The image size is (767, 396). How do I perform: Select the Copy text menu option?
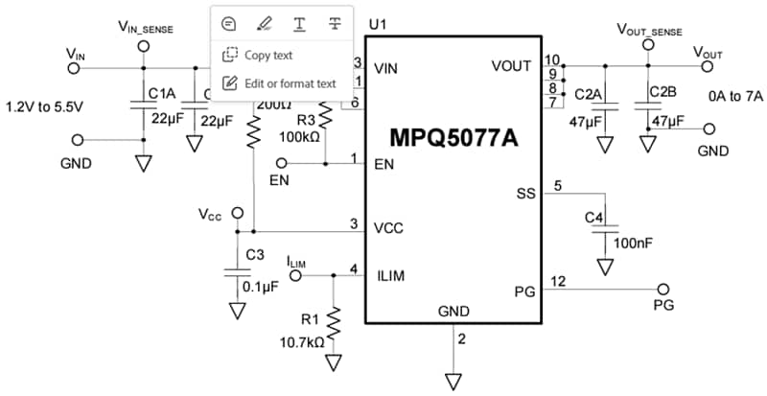click(x=268, y=56)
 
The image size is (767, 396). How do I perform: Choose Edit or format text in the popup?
click(x=288, y=83)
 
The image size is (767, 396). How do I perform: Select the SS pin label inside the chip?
click(x=524, y=195)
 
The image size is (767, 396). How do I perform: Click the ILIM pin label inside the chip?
click(x=390, y=276)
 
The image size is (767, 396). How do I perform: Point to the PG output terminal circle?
click(x=662, y=289)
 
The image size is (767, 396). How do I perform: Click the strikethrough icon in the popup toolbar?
click(x=335, y=23)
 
